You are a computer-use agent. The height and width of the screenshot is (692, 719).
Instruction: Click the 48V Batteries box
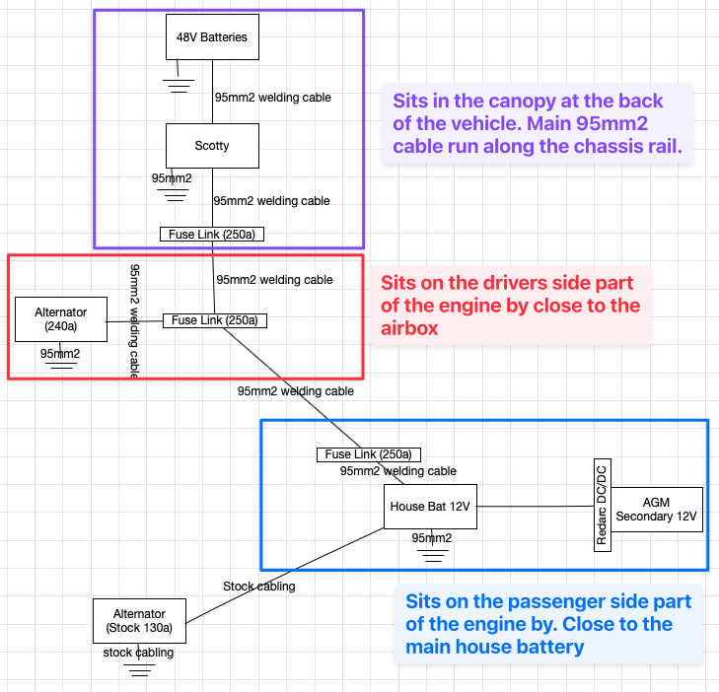(211, 37)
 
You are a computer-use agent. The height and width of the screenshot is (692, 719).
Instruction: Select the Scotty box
(211, 146)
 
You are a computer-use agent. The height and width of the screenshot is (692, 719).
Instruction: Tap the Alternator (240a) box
(61, 319)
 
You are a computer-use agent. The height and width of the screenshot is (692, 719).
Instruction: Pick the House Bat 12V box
(430, 507)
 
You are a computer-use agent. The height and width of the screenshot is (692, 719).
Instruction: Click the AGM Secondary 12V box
(656, 510)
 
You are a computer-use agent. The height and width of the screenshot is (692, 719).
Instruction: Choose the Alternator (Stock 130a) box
(139, 621)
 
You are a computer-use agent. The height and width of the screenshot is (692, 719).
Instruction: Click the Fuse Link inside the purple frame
(212, 235)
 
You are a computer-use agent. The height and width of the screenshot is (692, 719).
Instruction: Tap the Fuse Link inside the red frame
(214, 320)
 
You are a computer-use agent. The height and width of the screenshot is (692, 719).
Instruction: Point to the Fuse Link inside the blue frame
(369, 454)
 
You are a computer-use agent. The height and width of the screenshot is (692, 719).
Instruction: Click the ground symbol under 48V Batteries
(178, 85)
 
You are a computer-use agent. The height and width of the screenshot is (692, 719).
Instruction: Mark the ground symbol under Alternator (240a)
(61, 363)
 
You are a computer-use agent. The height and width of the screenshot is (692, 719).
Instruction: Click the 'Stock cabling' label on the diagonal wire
(258, 587)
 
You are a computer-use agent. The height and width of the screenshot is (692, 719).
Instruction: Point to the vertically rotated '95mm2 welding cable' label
(136, 321)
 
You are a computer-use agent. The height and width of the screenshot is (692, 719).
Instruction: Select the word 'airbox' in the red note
(410, 328)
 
